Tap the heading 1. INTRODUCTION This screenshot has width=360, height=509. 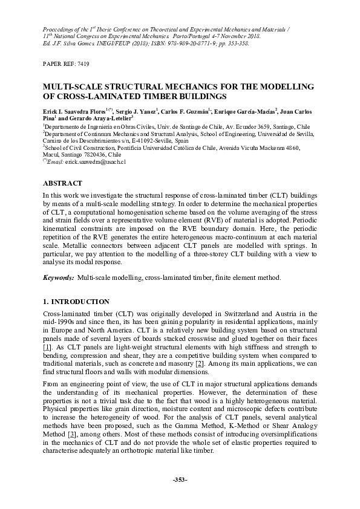click(x=76, y=301)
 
